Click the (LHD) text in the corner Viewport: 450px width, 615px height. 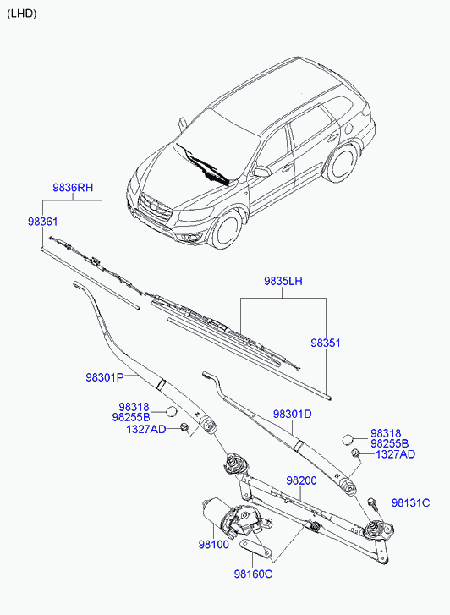(x=22, y=14)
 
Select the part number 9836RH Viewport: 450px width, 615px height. (x=73, y=188)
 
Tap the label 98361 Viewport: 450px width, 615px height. (x=43, y=222)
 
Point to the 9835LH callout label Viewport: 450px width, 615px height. (x=283, y=281)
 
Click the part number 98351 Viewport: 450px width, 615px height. (x=326, y=343)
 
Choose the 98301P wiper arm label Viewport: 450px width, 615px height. (x=105, y=377)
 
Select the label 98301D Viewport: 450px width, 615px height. (x=293, y=414)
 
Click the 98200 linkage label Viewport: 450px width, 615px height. (x=301, y=480)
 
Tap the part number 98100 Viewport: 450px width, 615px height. (x=213, y=545)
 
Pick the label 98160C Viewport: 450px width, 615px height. (x=253, y=574)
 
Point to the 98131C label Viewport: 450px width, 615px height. (x=410, y=502)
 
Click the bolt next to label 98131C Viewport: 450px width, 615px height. (x=373, y=503)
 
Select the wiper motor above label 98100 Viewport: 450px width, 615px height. (x=234, y=517)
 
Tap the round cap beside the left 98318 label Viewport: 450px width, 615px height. (x=172, y=411)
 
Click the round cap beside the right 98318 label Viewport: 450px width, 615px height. (x=348, y=439)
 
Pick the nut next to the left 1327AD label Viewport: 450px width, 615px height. (x=184, y=427)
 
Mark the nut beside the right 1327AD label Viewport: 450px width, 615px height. (x=356, y=453)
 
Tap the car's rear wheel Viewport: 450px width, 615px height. (x=341, y=163)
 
